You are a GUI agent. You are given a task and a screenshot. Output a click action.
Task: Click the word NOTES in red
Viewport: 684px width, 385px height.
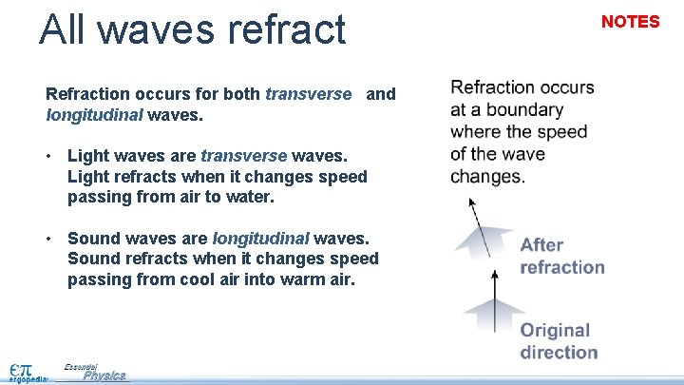pos(630,22)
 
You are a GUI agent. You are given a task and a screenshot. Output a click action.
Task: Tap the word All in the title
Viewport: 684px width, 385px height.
pos(66,29)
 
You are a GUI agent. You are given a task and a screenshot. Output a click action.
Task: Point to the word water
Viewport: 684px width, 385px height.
pos(251,198)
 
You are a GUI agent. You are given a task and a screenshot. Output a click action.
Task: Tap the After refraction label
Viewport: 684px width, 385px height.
pos(561,256)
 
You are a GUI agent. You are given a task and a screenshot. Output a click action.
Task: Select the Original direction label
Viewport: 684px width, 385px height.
pos(558,341)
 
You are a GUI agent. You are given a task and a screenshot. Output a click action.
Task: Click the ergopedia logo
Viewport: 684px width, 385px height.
pos(22,371)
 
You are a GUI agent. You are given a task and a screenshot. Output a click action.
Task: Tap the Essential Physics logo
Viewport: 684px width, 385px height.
pos(95,372)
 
